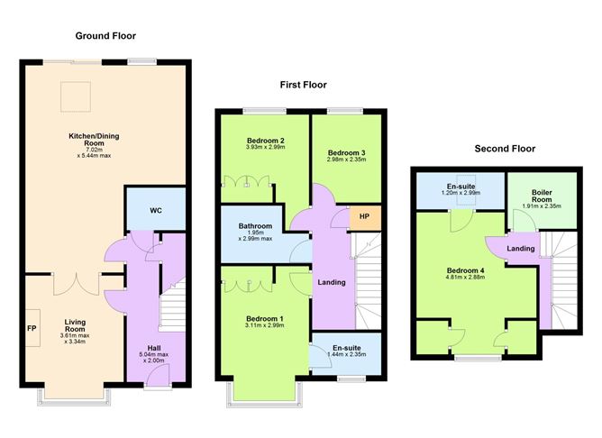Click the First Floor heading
coord(302,85)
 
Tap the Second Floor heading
coord(505,149)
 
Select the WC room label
coord(155,211)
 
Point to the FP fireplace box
coord(32,328)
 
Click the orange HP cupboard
coord(365,216)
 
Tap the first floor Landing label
coord(332,283)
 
